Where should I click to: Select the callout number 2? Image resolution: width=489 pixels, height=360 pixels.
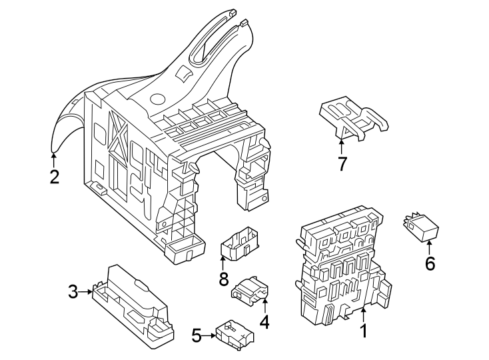[x=54, y=177]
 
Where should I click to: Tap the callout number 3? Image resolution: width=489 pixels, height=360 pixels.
[x=73, y=291]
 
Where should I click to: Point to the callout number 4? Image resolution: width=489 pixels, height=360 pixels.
[x=264, y=323]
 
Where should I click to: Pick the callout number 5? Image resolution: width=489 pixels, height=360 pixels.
[x=197, y=335]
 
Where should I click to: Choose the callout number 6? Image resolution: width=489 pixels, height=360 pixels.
[x=430, y=264]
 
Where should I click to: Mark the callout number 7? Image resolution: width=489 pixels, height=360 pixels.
[x=342, y=163]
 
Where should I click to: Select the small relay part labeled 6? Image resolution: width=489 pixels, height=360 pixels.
[x=421, y=227]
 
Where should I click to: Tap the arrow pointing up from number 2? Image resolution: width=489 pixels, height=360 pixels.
[x=54, y=159]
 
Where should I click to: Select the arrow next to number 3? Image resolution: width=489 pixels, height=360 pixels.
[x=89, y=291]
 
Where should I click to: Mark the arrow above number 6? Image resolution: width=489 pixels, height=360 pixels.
[x=430, y=245]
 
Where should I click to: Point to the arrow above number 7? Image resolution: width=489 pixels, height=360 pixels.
[x=342, y=143]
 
